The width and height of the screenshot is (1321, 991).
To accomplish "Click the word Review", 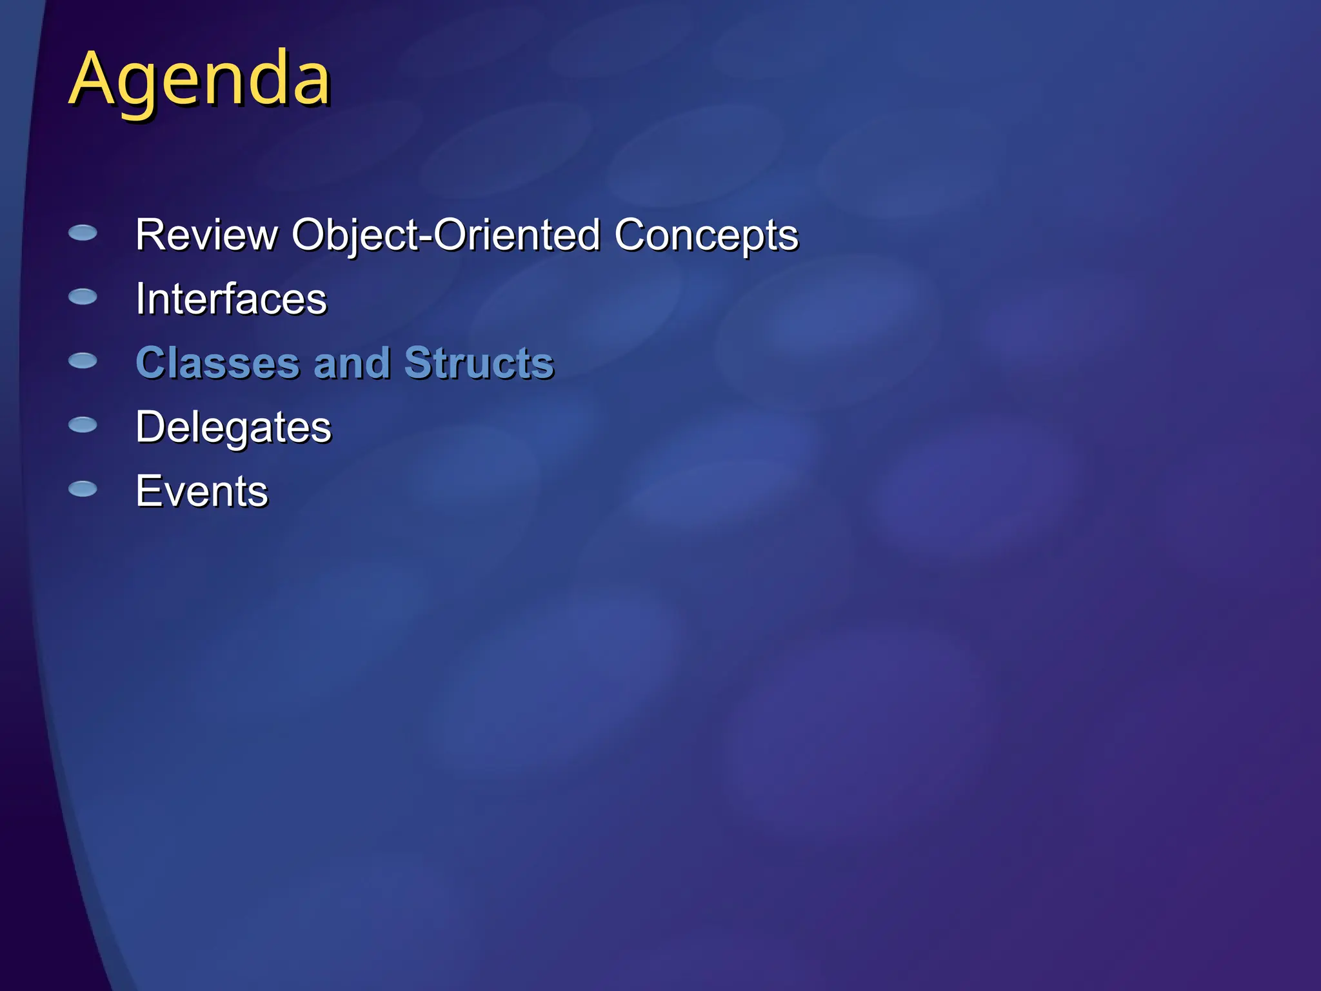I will click(206, 235).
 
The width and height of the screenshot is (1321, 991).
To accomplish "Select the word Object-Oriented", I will click(446, 235).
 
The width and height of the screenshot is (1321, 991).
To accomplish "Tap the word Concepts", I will click(706, 235).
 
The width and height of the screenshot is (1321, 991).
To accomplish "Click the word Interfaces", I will click(231, 299).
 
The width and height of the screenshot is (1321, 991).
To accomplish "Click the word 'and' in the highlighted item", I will click(352, 363).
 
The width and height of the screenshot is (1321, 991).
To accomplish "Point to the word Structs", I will click(479, 363).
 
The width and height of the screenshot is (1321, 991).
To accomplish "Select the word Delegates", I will click(233, 428).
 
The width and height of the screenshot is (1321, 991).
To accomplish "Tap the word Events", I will click(201, 492).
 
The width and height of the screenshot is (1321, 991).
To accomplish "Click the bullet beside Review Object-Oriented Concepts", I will click(83, 233).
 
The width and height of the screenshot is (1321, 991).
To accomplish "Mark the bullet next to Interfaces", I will click(83, 297).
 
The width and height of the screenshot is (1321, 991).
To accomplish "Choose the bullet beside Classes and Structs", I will click(83, 361).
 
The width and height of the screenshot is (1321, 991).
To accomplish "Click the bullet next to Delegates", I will click(83, 425).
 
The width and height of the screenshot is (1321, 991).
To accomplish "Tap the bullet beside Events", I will click(83, 489).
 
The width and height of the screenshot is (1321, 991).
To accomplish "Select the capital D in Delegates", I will click(152, 427).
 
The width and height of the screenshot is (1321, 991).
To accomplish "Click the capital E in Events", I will click(148, 492).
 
